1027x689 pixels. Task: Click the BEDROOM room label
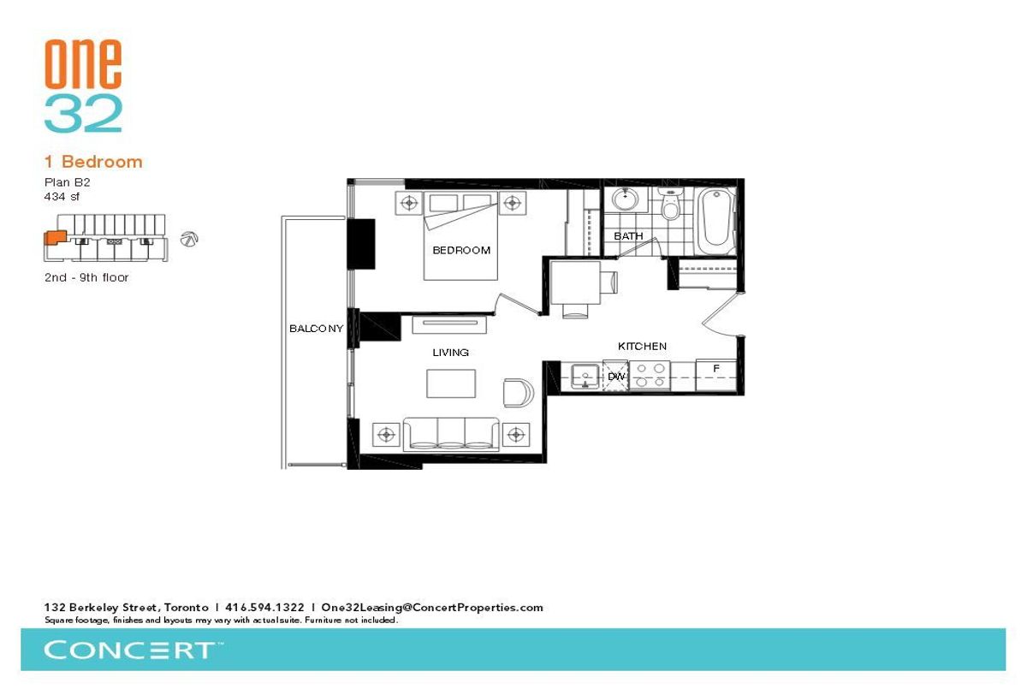coord(461,250)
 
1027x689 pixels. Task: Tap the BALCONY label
coord(316,329)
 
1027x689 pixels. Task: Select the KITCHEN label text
coord(642,346)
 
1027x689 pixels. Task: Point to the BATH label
coord(628,236)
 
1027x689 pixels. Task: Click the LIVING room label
coord(450,353)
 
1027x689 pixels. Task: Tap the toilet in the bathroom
coord(670,204)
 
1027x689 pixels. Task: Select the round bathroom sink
coord(625,199)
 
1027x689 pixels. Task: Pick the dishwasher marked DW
coord(615,376)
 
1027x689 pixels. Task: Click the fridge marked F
coord(716,376)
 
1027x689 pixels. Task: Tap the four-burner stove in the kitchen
coord(650,376)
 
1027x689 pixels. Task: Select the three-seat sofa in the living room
coord(451,433)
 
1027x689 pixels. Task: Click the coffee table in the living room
coord(451,383)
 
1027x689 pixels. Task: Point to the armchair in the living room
coord(518,392)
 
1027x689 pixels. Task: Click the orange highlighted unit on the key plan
coord(55,237)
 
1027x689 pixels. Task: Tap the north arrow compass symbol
coord(189,239)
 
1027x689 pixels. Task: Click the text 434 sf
coord(62,197)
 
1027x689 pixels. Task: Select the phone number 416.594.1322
coord(264,608)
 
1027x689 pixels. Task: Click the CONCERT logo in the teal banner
coord(133,650)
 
